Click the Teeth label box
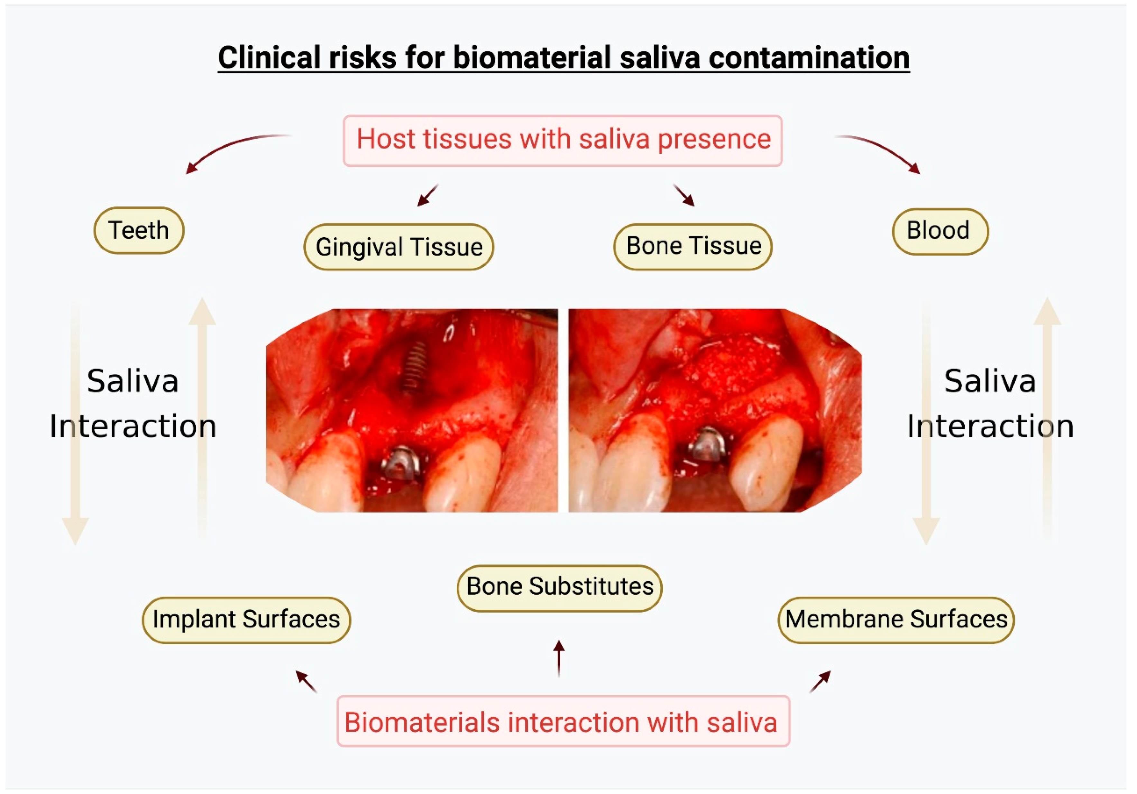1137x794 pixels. pyautogui.click(x=139, y=231)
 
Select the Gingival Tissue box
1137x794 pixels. pyautogui.click(x=399, y=247)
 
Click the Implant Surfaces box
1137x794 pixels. pyautogui.click(x=246, y=620)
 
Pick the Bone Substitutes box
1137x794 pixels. pyautogui.click(x=560, y=588)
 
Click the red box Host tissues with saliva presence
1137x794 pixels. pyautogui.click(x=563, y=140)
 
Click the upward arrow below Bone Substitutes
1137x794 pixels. pyautogui.click(x=559, y=658)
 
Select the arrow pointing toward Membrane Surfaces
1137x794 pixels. pyautogui.click(x=820, y=682)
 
